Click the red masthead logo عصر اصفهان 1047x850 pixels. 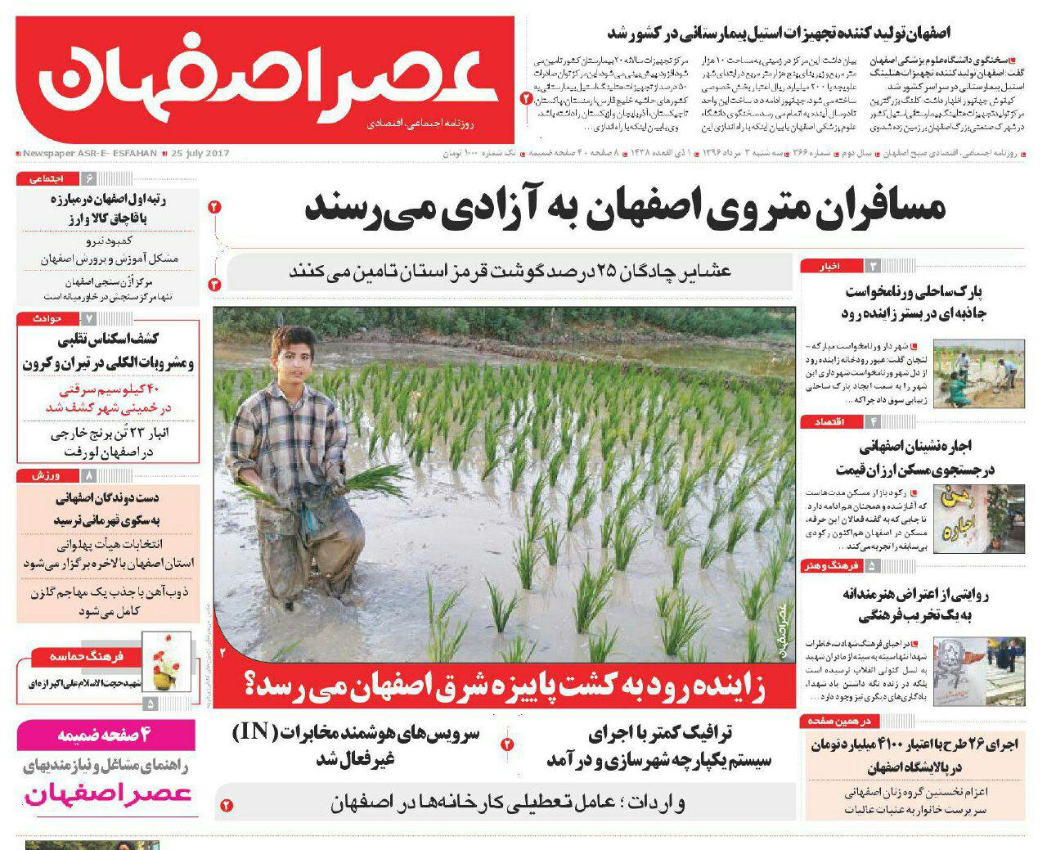[x=265, y=80]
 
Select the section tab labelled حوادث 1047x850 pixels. [x=48, y=317]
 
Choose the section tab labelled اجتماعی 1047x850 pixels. [x=46, y=178]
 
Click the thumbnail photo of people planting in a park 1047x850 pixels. [x=978, y=373]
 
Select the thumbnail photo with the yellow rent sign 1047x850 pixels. [x=978, y=519]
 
